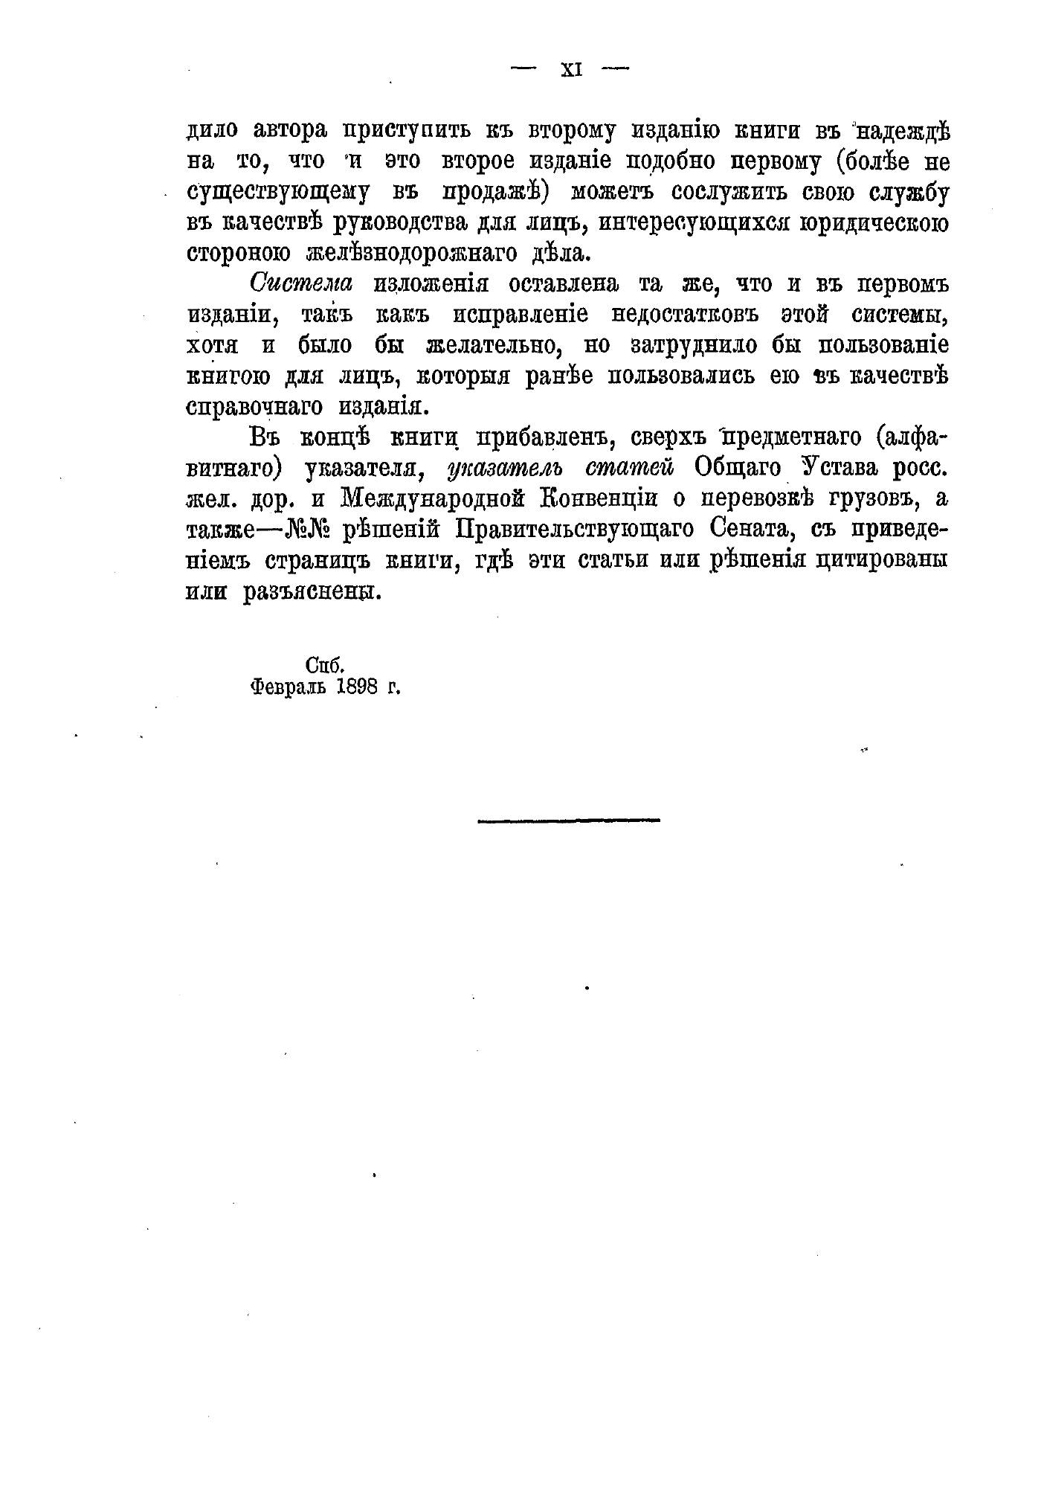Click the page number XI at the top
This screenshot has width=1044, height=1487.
[x=570, y=70]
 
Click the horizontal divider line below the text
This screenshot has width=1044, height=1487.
[x=568, y=820]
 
